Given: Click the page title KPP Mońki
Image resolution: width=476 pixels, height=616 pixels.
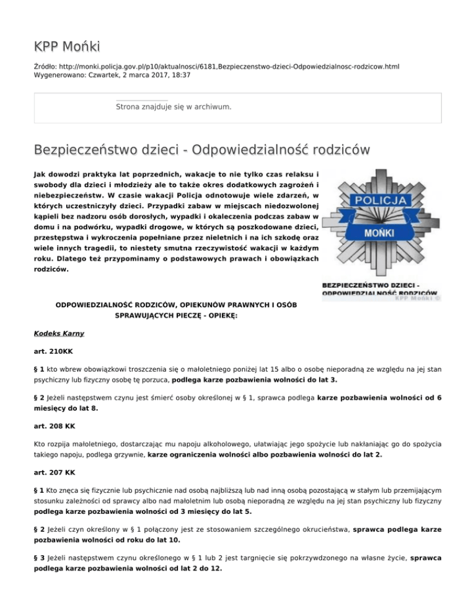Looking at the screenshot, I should [67, 46].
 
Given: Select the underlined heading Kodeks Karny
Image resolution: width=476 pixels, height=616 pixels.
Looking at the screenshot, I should [59, 333].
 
